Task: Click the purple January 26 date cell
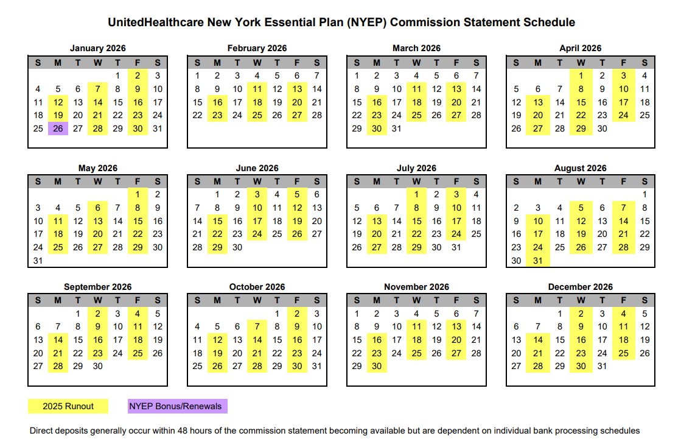pyautogui.click(x=58, y=128)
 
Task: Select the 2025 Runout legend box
pyautogui.click(x=68, y=406)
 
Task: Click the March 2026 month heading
pyautogui.click(x=416, y=48)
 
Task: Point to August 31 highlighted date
pyautogui.click(x=538, y=261)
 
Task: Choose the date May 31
pyautogui.click(x=38, y=261)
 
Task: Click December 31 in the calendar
pyautogui.click(x=602, y=366)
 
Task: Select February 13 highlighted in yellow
pyautogui.click(x=297, y=89)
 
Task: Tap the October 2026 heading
pyautogui.click(x=257, y=287)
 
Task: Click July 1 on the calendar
pyautogui.click(x=416, y=195)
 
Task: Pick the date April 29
pyautogui.click(x=581, y=128)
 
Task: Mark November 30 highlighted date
pyautogui.click(x=377, y=366)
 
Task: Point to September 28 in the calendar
pyautogui.click(x=58, y=366)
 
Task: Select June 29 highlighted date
pyautogui.click(x=217, y=247)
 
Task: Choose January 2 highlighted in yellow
pyautogui.click(x=138, y=76)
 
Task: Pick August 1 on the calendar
pyautogui.click(x=644, y=195)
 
